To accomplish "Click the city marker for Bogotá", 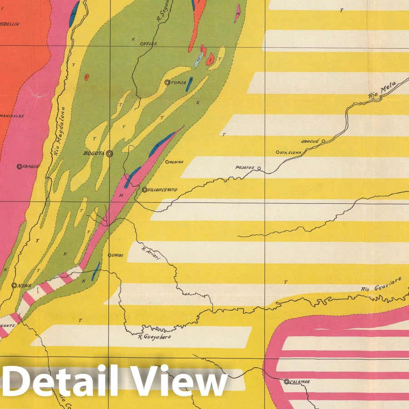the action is (x=110, y=154).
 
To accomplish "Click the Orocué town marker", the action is (x=323, y=141).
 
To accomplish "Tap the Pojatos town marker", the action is (x=259, y=169).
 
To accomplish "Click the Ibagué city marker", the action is (x=20, y=166).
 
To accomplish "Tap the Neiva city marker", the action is (x=14, y=285).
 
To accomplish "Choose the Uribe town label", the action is (x=117, y=255).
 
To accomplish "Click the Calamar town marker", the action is (x=286, y=382).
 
